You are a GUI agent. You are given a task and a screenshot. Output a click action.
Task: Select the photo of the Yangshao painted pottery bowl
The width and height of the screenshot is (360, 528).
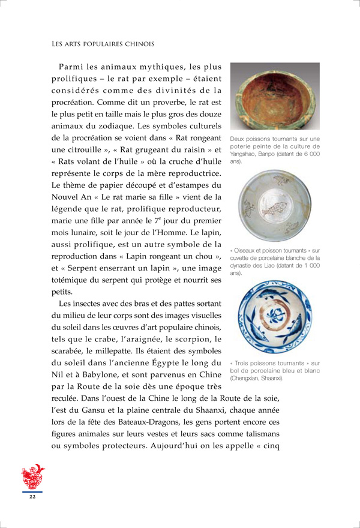point(275,97)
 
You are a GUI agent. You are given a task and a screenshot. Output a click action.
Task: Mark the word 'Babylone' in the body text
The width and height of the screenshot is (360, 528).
point(99,375)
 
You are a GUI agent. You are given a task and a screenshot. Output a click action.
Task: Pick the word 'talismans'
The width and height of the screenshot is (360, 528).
point(260,434)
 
